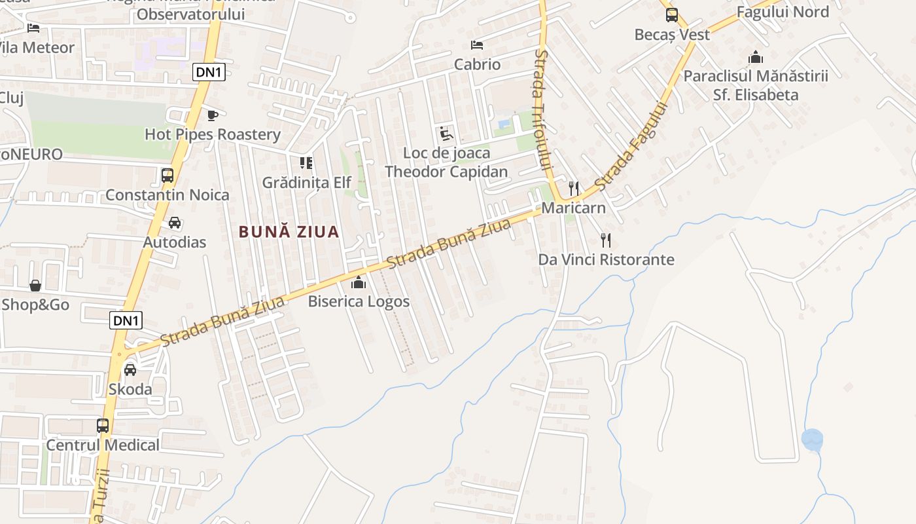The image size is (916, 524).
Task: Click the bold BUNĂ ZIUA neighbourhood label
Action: [289, 232]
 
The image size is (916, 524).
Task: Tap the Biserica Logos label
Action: [359, 302]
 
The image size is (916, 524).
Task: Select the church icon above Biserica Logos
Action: [359, 283]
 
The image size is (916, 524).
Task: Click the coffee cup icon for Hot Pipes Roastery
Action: [212, 116]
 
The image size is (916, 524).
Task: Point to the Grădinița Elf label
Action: [307, 183]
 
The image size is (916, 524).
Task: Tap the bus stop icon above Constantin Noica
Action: [167, 176]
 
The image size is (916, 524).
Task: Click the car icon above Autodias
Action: [175, 223]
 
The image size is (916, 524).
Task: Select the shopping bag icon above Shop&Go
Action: [35, 286]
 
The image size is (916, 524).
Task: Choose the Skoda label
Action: [130, 389]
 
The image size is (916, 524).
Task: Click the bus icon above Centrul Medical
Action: [103, 426]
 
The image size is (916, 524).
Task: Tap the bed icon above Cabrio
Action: [477, 45]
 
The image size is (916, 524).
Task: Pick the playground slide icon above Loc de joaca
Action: [446, 134]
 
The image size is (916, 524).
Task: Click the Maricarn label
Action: [573, 208]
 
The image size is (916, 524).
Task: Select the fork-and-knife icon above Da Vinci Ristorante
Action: [606, 240]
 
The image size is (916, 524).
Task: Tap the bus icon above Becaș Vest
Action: [672, 15]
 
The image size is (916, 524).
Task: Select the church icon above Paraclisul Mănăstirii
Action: [756, 57]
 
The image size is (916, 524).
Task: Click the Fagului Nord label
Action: [783, 12]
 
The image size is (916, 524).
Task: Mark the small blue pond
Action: [812, 439]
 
